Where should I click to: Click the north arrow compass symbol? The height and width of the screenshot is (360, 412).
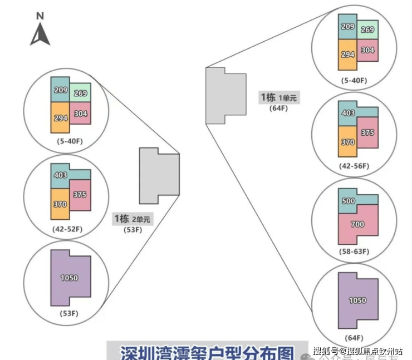pyautogui.click(x=40, y=35)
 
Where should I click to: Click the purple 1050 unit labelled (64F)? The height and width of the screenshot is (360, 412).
pyautogui.click(x=357, y=300)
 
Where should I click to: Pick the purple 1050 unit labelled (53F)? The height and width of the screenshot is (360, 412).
pyautogui.click(x=69, y=278)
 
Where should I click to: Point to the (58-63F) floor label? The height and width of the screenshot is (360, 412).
pyautogui.click(x=354, y=251)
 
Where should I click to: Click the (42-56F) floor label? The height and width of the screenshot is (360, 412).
pyautogui.click(x=355, y=166)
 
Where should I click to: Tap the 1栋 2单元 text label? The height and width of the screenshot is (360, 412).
pyautogui.click(x=132, y=219)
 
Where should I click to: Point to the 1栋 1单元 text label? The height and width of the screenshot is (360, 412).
pyautogui.click(x=279, y=97)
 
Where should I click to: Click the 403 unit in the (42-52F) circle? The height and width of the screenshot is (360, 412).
pyautogui.click(x=61, y=175)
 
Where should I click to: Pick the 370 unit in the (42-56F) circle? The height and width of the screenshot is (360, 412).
pyautogui.click(x=347, y=142)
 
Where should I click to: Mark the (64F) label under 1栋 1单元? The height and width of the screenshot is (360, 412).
pyautogui.click(x=279, y=108)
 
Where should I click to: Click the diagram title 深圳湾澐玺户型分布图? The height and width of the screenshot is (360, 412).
pyautogui.click(x=206, y=352)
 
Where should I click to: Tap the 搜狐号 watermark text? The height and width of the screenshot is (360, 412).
pyautogui.click(x=325, y=351)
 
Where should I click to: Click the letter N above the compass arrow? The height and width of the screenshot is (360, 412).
pyautogui.click(x=40, y=16)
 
